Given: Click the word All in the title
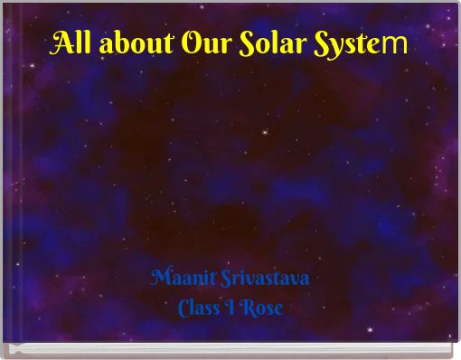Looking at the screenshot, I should point(71,43).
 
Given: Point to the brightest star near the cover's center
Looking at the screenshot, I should point(264,131).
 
